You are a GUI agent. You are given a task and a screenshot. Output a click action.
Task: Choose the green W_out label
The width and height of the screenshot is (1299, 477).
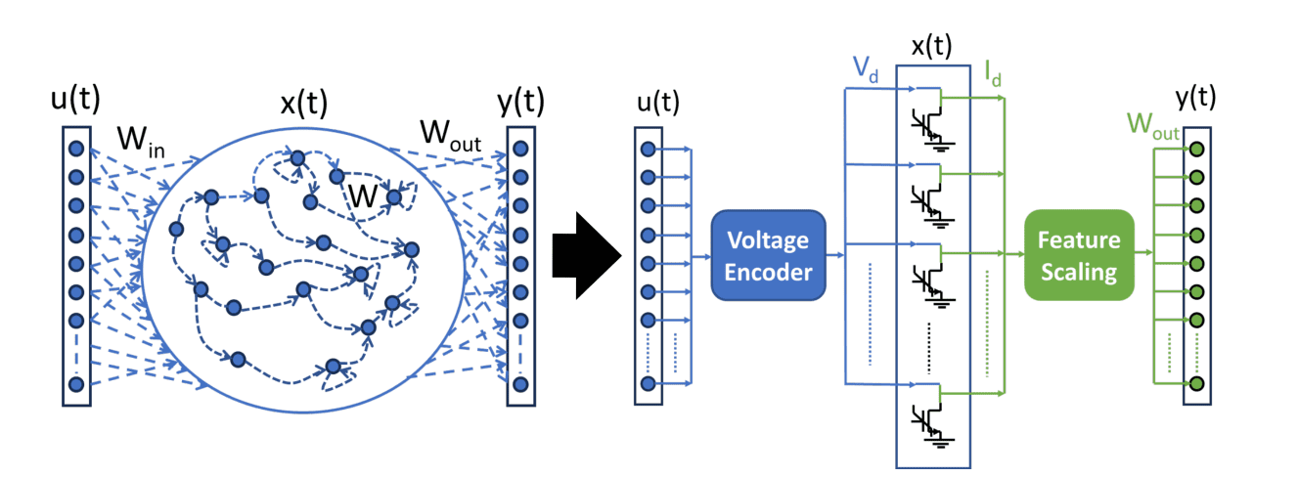(x=1152, y=126)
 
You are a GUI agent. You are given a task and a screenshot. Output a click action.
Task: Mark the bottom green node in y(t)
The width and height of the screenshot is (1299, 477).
(x=1195, y=383)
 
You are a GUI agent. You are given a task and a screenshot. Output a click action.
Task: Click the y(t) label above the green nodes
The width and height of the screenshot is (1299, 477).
(x=1195, y=98)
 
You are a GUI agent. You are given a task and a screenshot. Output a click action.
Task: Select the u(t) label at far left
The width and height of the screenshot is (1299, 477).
(x=76, y=102)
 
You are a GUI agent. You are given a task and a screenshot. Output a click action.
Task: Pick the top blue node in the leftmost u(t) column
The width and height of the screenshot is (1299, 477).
(x=76, y=149)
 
